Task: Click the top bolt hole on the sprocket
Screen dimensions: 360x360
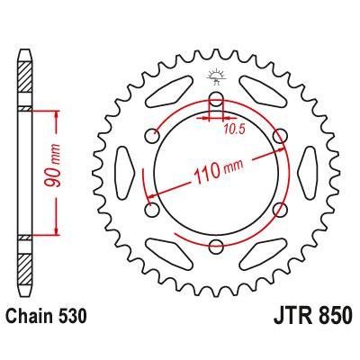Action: (216, 100)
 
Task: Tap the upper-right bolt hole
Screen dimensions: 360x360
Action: (282, 137)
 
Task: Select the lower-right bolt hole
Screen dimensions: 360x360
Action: (282, 211)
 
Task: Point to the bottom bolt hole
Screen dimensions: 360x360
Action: (216, 249)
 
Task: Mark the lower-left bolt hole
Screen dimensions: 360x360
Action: (151, 211)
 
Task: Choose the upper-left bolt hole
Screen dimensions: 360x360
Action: (151, 137)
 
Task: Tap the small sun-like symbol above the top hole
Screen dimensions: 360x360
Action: (216, 74)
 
